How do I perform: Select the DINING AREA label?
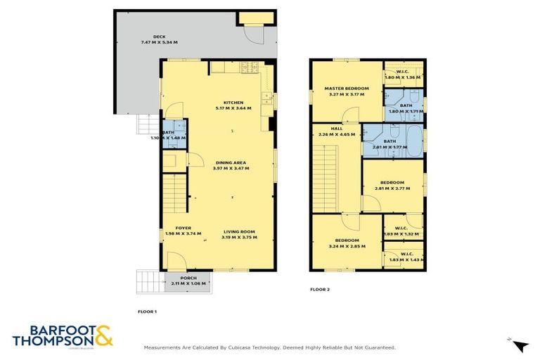pyautogui.click(x=232, y=163)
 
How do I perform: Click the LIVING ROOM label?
pyautogui.click(x=239, y=232)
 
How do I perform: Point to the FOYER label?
pyautogui.click(x=183, y=229)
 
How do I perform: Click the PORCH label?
pyautogui.click(x=188, y=278)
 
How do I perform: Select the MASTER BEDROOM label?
pyautogui.click(x=346, y=89)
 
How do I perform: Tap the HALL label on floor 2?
pyautogui.click(x=337, y=129)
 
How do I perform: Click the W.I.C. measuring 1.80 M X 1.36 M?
pyautogui.click(x=403, y=77)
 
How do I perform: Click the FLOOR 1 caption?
pyautogui.click(x=147, y=311)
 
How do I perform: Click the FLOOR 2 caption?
pyautogui.click(x=320, y=289)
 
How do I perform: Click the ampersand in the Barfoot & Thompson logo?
pyautogui.click(x=103, y=334)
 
